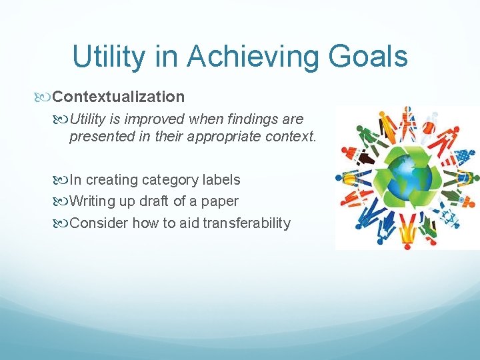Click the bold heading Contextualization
pyautogui.click(x=119, y=97)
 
